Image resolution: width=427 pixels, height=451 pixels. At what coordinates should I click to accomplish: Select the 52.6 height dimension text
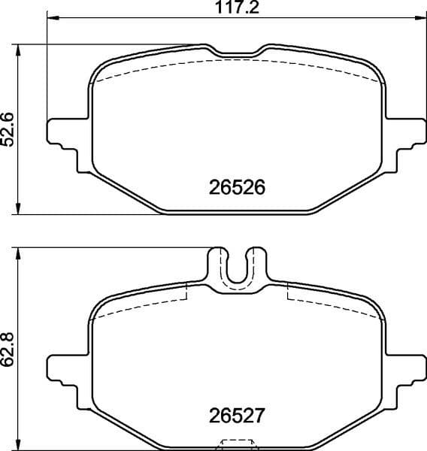pos(8,129)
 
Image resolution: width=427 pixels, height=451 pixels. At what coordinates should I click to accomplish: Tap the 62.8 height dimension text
pos(8,350)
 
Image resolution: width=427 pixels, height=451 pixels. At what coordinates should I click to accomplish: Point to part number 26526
pos(237,186)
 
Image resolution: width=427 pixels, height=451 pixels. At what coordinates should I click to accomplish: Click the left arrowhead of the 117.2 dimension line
pos(52,19)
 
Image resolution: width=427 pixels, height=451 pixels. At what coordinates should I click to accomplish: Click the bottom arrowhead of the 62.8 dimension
pos(18,444)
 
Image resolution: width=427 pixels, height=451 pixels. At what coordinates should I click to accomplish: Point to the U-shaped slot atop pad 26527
pos(237,267)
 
